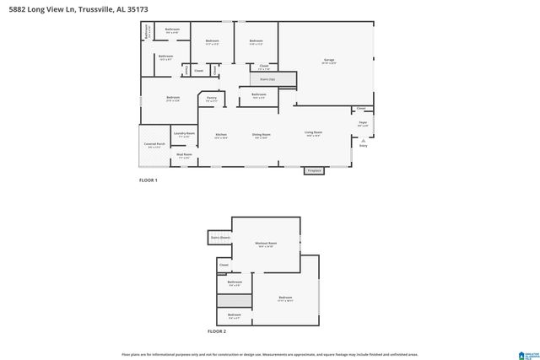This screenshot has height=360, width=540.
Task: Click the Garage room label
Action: (x=328, y=60)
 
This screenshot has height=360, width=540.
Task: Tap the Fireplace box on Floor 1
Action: (x=315, y=171)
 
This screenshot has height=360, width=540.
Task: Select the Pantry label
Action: (x=212, y=99)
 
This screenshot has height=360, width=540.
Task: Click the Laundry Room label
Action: (x=184, y=134)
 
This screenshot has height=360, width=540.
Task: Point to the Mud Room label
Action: (x=184, y=155)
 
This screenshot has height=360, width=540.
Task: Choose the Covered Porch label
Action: (x=154, y=145)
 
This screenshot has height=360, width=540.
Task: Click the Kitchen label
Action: (x=221, y=135)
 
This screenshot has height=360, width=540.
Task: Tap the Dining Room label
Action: (x=262, y=135)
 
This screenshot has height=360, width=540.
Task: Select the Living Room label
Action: (x=314, y=133)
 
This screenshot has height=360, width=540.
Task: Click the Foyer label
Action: (x=364, y=123)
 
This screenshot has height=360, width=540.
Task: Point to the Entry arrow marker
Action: (x=364, y=141)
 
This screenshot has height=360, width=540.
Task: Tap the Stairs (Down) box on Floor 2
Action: (x=220, y=239)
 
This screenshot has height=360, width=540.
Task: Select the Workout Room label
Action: (x=267, y=244)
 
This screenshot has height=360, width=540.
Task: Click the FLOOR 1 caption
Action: (x=148, y=180)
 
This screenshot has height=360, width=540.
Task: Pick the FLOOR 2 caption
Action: (x=218, y=331)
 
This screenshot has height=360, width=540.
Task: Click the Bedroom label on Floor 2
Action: (x=285, y=298)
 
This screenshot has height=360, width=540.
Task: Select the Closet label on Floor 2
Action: (x=224, y=266)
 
